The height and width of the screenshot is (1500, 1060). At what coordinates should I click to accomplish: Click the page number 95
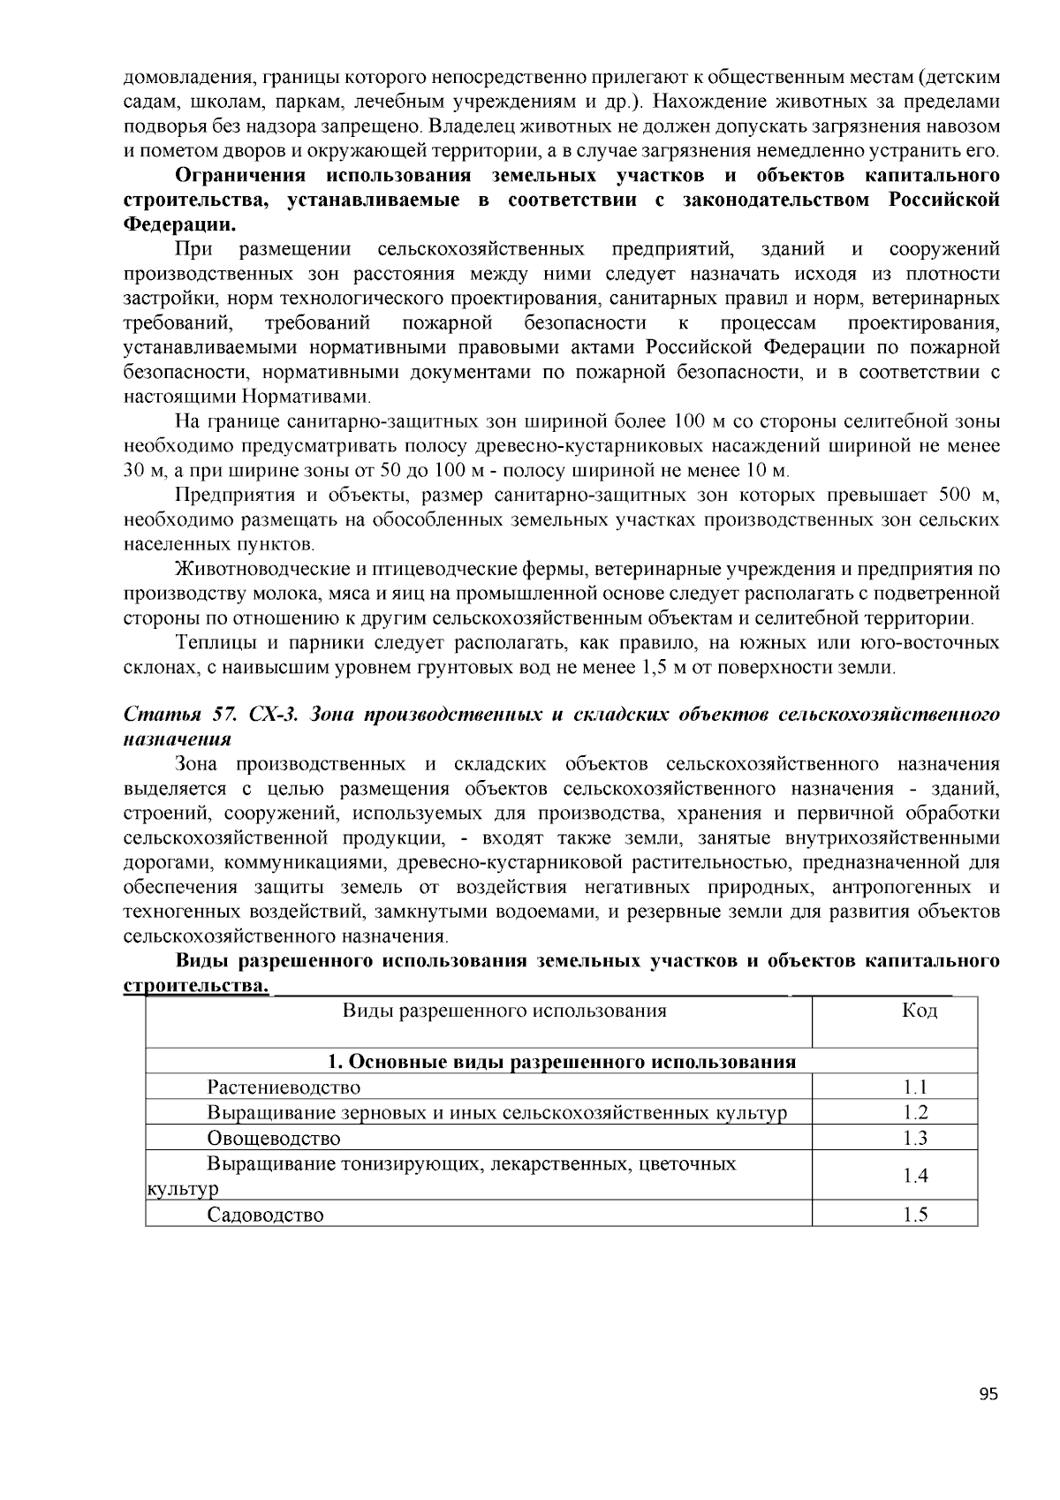tap(988, 1395)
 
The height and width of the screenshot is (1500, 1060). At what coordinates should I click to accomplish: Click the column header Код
tap(919, 1011)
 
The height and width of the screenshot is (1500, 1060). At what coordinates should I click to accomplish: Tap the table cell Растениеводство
tap(284, 1087)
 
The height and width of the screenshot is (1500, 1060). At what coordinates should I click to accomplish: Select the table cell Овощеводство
tap(274, 1139)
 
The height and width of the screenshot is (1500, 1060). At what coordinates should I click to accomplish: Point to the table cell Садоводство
tap(265, 1215)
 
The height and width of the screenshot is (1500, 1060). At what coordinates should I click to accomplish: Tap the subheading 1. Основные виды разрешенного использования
tap(562, 1062)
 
